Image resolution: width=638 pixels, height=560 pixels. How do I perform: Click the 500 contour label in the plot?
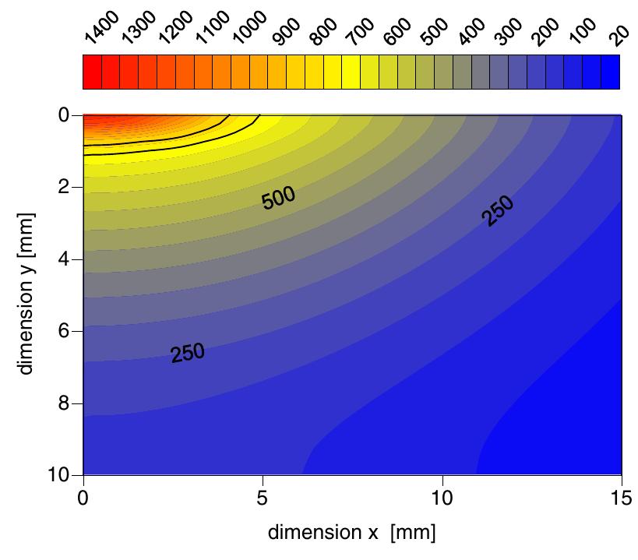278,198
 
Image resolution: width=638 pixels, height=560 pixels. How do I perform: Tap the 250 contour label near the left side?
188,354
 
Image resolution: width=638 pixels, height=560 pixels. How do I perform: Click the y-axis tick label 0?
65,115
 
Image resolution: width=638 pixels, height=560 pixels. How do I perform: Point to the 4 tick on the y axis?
65,259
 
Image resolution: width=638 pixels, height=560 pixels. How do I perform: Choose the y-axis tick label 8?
65,403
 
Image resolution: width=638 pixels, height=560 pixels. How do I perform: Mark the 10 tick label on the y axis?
60,475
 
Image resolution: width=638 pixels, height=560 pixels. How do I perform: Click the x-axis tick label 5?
263,495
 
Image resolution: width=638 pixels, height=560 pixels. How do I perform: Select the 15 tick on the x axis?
621,495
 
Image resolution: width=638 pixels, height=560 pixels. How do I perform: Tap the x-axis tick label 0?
83,495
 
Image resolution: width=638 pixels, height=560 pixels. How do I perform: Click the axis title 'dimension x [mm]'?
351,533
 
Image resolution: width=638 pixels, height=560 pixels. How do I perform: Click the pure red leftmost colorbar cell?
91,72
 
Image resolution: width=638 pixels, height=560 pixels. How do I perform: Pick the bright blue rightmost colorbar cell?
611,72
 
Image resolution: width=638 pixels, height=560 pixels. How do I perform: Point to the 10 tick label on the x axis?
442,495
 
